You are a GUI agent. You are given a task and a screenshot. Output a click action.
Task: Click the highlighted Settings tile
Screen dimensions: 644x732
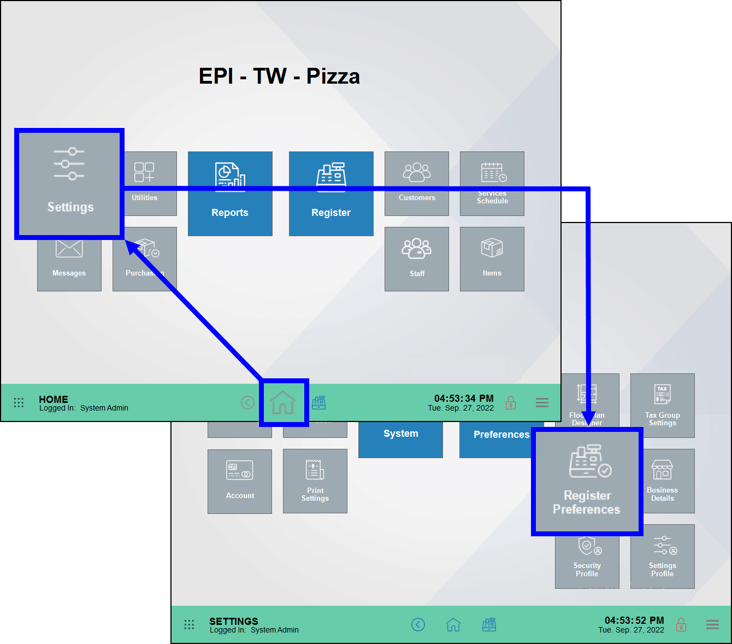pyautogui.click(x=69, y=184)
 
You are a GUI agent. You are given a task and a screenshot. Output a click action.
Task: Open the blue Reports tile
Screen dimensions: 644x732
pyautogui.click(x=230, y=194)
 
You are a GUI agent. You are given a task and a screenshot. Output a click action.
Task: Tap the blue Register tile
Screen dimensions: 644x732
pyautogui.click(x=331, y=194)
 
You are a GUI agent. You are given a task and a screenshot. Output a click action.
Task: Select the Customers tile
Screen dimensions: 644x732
pyautogui.click(x=417, y=183)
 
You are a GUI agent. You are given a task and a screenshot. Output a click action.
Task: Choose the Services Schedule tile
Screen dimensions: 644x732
pyautogui.click(x=492, y=183)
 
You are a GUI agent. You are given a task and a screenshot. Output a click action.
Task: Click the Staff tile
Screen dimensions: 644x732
pyautogui.click(x=417, y=259)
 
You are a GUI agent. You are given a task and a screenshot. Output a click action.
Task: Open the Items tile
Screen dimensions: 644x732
pyautogui.click(x=492, y=259)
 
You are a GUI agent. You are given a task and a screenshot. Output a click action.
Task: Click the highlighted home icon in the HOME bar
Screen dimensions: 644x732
pyautogui.click(x=283, y=403)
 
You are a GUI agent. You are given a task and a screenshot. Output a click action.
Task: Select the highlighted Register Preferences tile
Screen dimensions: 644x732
pyautogui.click(x=587, y=482)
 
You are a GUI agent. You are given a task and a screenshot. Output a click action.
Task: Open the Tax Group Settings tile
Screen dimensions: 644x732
pyautogui.click(x=663, y=405)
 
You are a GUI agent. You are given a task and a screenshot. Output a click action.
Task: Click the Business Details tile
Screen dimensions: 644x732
pyautogui.click(x=663, y=481)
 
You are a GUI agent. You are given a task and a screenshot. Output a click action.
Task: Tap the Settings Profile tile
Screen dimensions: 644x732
pyautogui.click(x=663, y=556)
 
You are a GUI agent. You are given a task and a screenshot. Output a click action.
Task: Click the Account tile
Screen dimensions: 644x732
pyautogui.click(x=240, y=481)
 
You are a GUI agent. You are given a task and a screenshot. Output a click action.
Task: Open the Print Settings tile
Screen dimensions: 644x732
pyautogui.click(x=315, y=481)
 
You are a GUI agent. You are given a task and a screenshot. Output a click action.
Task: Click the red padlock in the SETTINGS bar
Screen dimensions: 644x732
pyautogui.click(x=681, y=624)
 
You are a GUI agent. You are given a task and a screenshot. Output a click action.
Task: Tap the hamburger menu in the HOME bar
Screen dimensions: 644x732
pyautogui.click(x=542, y=403)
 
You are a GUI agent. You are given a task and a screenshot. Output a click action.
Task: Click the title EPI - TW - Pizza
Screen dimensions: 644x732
pyautogui.click(x=279, y=77)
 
